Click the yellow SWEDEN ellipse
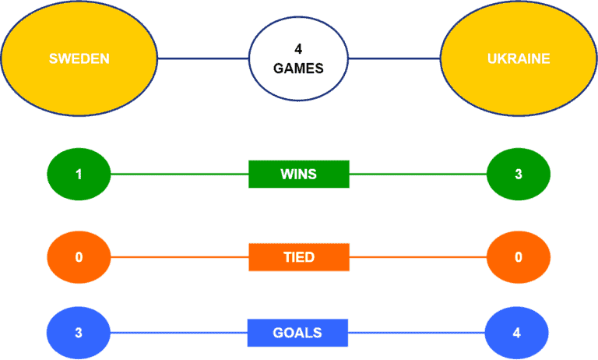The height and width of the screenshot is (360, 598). point(79,58)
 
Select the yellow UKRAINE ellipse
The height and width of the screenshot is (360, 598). point(519,58)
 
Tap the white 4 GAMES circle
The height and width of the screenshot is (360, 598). point(298,58)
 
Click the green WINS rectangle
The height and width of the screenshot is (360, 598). point(299,174)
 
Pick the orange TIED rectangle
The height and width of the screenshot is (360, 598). point(299,257)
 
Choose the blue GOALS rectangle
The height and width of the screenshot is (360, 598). point(297,333)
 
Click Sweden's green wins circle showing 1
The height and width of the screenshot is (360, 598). point(79,174)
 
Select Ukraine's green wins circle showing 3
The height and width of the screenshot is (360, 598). point(519,174)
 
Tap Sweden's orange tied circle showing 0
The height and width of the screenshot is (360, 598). point(79,257)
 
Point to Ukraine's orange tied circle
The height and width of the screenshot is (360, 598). point(519,257)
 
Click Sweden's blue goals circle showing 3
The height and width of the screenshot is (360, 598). point(79,333)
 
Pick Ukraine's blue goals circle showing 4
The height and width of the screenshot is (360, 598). point(517,333)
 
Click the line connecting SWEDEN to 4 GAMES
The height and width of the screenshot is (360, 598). point(203,58)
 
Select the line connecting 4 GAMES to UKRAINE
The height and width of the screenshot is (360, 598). point(394,58)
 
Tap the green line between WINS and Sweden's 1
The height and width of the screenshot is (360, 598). point(180,174)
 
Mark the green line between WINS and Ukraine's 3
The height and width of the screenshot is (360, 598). point(418,174)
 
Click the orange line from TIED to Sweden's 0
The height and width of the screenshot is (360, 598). point(180,257)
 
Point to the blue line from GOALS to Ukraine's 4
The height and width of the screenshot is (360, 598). point(417,333)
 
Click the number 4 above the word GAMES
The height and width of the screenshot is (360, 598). point(298,49)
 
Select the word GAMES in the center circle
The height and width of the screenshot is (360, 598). point(298,69)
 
